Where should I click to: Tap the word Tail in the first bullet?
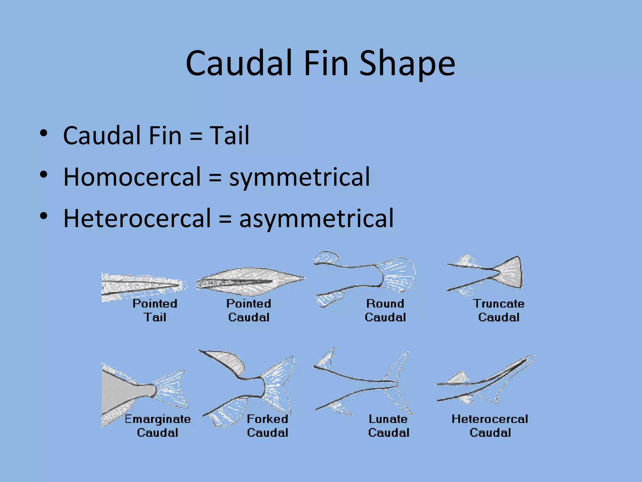(229, 136)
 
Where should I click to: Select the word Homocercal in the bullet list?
(132, 177)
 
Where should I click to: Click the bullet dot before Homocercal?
(44, 174)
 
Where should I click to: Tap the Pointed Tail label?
(155, 310)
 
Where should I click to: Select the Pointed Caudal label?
(249, 310)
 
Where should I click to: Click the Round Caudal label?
(385, 310)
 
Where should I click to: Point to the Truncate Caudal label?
(499, 310)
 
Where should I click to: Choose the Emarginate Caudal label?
(158, 426)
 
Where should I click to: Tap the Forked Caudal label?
(267, 426)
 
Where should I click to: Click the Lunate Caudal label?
(389, 426)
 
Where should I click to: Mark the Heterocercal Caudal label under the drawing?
(490, 426)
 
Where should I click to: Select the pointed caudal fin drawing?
(251, 281)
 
